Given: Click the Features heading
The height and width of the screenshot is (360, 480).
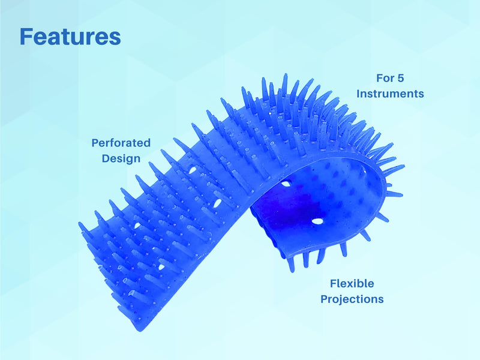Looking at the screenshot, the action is tap(70, 37).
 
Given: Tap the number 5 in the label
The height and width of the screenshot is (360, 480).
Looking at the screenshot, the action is tap(401, 78).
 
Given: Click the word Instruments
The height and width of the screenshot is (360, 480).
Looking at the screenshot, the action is tap(391, 94).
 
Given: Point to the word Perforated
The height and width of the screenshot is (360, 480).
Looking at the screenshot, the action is tap(121, 143).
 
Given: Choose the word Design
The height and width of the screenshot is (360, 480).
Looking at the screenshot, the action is tap(121, 158).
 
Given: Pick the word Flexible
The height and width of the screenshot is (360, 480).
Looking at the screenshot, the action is tap(352, 283).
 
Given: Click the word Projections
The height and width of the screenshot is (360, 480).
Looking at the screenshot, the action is tap(352, 299).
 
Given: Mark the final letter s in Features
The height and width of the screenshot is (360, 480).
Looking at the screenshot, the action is tap(115, 39).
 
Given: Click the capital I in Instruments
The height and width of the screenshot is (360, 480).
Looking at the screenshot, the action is tap(358, 94).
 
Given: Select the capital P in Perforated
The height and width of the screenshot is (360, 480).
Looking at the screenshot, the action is tap(95, 143).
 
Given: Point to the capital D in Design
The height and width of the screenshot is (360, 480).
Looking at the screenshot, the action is tap(106, 158).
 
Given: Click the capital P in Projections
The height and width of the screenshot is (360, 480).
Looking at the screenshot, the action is tap(324, 299).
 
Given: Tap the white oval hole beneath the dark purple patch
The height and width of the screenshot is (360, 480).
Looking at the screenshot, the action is tap(317, 221).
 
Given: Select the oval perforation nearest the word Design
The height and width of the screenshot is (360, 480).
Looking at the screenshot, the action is tap(193, 169).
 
